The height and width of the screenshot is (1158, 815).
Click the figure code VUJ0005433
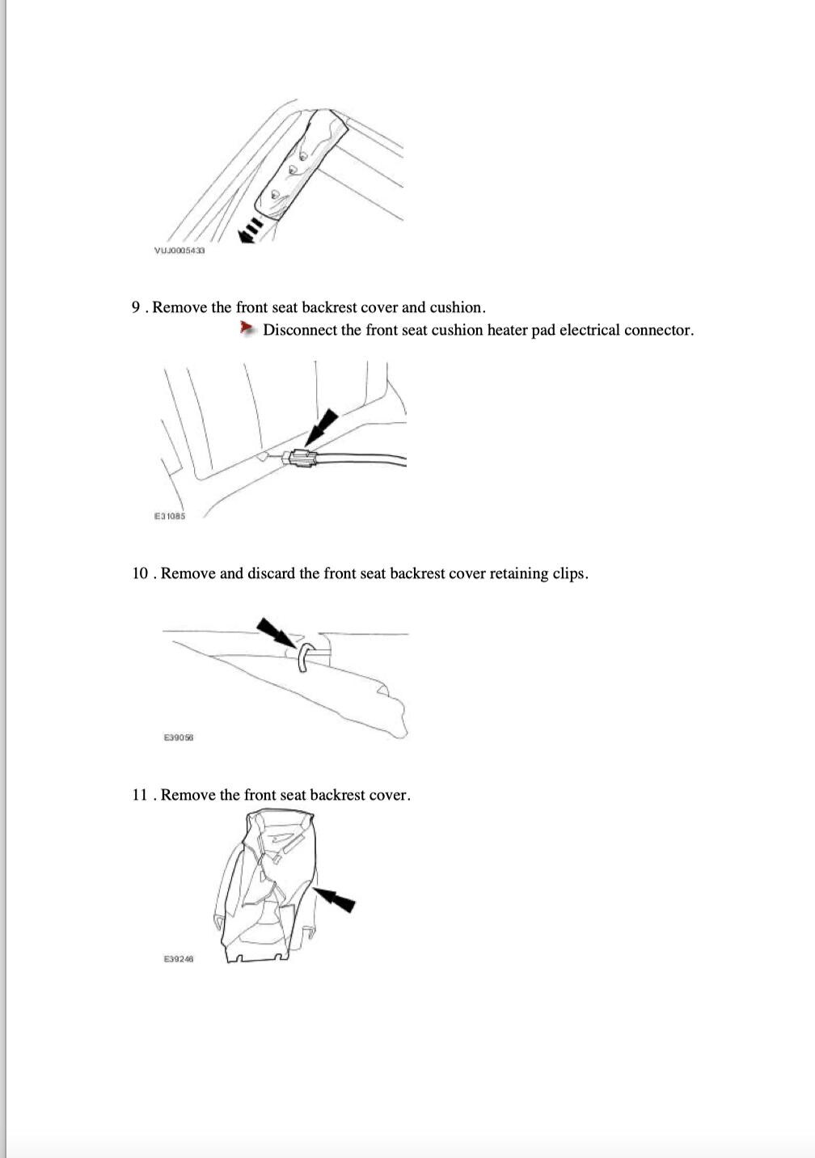[179, 251]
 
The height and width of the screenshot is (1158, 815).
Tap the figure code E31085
[170, 516]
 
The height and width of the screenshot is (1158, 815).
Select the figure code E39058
[179, 737]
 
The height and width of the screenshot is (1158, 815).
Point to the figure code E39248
[179, 959]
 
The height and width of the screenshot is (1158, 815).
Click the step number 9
[136, 307]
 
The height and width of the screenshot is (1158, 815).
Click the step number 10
[141, 573]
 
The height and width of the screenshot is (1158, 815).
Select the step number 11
[140, 795]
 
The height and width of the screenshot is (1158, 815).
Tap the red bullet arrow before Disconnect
[247, 328]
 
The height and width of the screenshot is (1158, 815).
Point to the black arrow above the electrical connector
[324, 424]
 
